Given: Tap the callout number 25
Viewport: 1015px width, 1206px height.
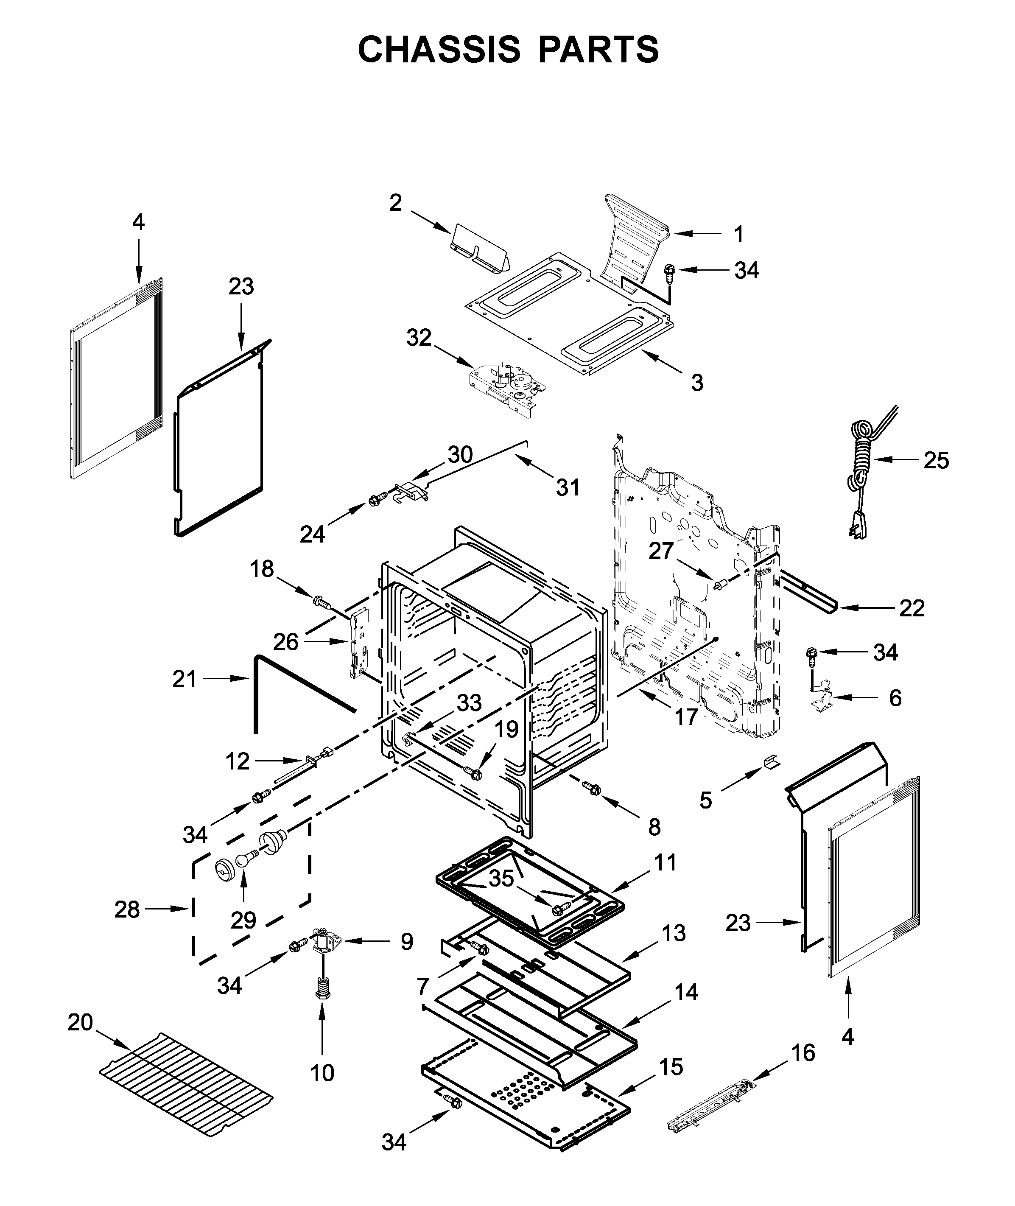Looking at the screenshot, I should (x=936, y=460).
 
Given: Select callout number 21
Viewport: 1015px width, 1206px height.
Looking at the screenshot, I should (x=184, y=680).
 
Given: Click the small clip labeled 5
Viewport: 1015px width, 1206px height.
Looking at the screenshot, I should (x=770, y=762).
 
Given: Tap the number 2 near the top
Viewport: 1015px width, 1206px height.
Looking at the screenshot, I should (x=395, y=202).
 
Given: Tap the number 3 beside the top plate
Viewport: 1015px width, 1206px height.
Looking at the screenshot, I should (x=697, y=382).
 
